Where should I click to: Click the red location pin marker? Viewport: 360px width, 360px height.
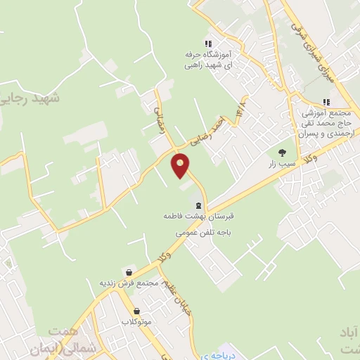pos(181,165)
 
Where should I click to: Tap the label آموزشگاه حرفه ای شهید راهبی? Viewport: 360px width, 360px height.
pos(207,59)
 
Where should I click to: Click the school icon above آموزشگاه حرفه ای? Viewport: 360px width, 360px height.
pos(207,42)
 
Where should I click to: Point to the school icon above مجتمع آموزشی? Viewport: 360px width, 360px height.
pos(326,101)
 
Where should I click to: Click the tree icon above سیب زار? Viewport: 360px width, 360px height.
pos(282,152)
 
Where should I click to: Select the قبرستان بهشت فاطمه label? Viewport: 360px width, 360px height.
pos(199,219)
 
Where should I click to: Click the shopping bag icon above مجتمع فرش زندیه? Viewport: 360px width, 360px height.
pos(129,271)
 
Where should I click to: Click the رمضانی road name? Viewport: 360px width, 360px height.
pos(159,115)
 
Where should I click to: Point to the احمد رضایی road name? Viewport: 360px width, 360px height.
pos(210,129)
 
